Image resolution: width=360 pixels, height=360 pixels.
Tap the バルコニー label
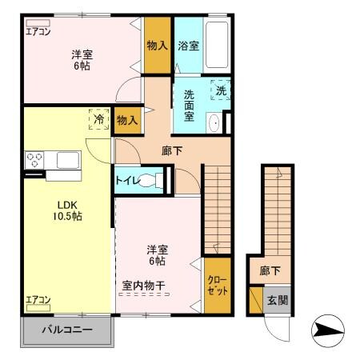[x=67, y=330]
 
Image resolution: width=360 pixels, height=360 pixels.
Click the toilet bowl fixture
[x=150, y=180]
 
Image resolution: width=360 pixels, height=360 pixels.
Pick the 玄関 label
[x=276, y=301]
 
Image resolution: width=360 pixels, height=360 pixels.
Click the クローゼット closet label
[x=216, y=286]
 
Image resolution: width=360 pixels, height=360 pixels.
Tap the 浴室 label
[x=189, y=46]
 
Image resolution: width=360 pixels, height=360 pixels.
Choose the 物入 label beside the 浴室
[x=157, y=46]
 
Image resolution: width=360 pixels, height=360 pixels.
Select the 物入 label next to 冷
[x=127, y=121]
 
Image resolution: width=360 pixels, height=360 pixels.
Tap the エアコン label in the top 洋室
[x=38, y=33]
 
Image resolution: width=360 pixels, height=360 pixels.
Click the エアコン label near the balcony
[x=38, y=301]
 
